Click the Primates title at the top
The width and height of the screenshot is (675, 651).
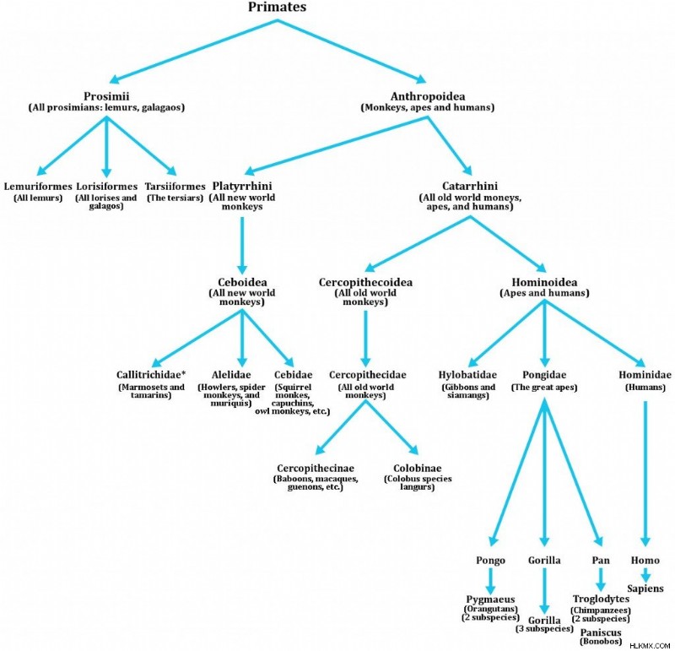pos(278,7)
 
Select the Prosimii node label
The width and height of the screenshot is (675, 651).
pos(106,96)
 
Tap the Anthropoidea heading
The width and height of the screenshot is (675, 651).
pos(428,96)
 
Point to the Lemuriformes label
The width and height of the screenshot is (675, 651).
pos(38,187)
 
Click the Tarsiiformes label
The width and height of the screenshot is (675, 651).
pos(175,187)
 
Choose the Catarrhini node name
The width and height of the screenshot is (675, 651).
pos(470,186)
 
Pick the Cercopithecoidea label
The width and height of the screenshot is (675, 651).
pos(365,282)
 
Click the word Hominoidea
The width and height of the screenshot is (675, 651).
pos(544,282)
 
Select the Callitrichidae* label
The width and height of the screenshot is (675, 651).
pos(151,374)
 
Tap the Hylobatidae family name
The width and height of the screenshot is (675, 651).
pos(467,374)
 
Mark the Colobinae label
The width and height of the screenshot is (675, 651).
pos(417,468)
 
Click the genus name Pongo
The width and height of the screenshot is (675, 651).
pos(490,560)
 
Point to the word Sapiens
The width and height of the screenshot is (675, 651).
pos(645,589)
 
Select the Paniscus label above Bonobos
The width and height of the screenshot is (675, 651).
pos(601,632)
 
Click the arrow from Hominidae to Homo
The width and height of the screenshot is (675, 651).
pos(645,474)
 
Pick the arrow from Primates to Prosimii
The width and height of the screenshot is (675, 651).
pos(193,52)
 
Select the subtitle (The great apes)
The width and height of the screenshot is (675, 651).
pos(544,387)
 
